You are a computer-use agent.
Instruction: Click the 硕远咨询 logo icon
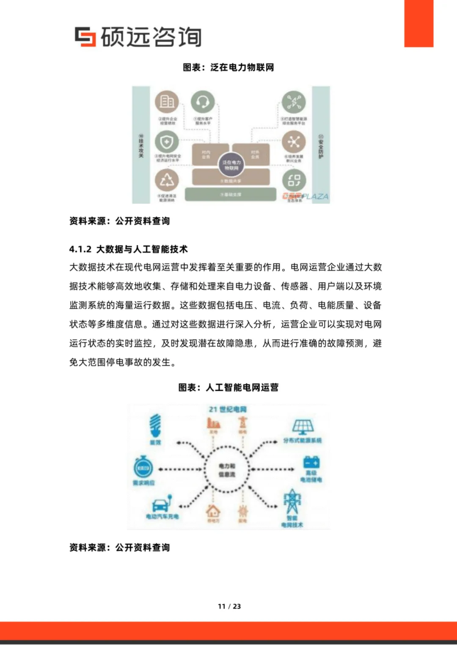click(85, 36)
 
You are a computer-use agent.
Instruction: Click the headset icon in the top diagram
click(203, 102)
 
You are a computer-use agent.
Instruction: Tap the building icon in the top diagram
click(167, 101)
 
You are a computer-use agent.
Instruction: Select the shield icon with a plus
click(167, 142)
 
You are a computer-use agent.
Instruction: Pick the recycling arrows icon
click(167, 180)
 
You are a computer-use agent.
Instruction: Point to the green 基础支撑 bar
click(231, 194)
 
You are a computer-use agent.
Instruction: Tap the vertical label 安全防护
click(321, 147)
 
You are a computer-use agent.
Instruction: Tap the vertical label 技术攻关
click(141, 146)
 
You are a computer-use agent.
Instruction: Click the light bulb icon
click(155, 425)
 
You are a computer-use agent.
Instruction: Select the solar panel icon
click(303, 427)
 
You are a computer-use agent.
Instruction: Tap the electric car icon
click(162, 504)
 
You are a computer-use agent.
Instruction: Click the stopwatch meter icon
click(143, 467)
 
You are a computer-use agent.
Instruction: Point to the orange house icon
click(213, 511)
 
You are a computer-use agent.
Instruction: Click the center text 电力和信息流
click(227, 470)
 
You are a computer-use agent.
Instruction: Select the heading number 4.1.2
click(80, 249)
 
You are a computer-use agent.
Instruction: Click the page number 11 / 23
click(229, 606)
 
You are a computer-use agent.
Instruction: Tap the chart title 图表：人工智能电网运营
click(228, 387)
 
